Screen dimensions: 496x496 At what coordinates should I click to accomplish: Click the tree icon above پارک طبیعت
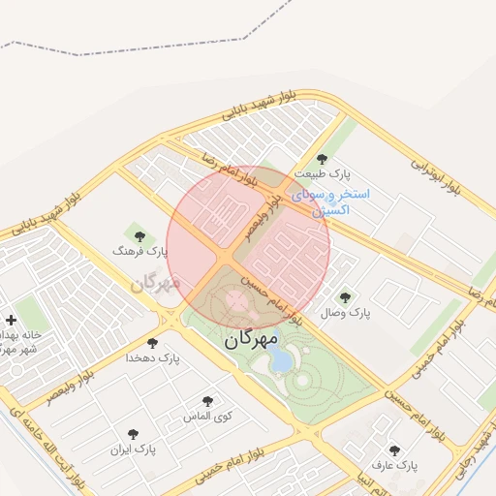coord(323,159)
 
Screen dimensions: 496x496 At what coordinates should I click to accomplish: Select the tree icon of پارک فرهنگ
coord(139,234)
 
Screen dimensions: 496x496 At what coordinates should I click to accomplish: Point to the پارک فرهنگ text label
coord(140,251)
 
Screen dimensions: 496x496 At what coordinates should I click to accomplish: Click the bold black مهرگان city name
coord(251,340)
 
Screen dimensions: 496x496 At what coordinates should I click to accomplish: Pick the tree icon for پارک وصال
coord(345,297)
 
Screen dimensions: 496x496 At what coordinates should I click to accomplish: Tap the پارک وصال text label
coord(347,313)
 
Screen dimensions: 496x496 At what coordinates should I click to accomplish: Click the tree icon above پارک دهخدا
coord(152,343)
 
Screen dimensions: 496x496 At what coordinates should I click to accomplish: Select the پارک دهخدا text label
coord(153,358)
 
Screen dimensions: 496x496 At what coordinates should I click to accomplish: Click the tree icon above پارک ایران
coord(133,434)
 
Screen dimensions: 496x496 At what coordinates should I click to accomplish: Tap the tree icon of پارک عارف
coord(394,450)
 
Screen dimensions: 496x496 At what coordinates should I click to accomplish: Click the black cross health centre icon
coord(11,320)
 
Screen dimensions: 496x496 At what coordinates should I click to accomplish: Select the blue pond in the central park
coord(281,360)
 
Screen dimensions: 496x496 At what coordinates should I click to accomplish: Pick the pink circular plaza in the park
coord(235,299)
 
